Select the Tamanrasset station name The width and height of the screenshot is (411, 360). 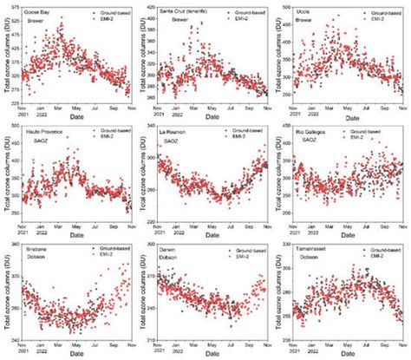pos(315,248)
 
